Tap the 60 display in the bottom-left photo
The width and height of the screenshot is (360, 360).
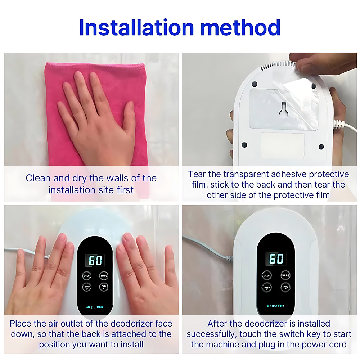point(95,260)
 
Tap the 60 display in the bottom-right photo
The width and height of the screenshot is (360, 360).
point(276,258)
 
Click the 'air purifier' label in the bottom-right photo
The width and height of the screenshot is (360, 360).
point(276,306)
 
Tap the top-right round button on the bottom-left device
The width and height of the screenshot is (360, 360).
point(104,275)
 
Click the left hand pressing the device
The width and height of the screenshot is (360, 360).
point(40,277)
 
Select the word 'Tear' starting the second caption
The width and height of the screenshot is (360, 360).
point(197,174)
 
